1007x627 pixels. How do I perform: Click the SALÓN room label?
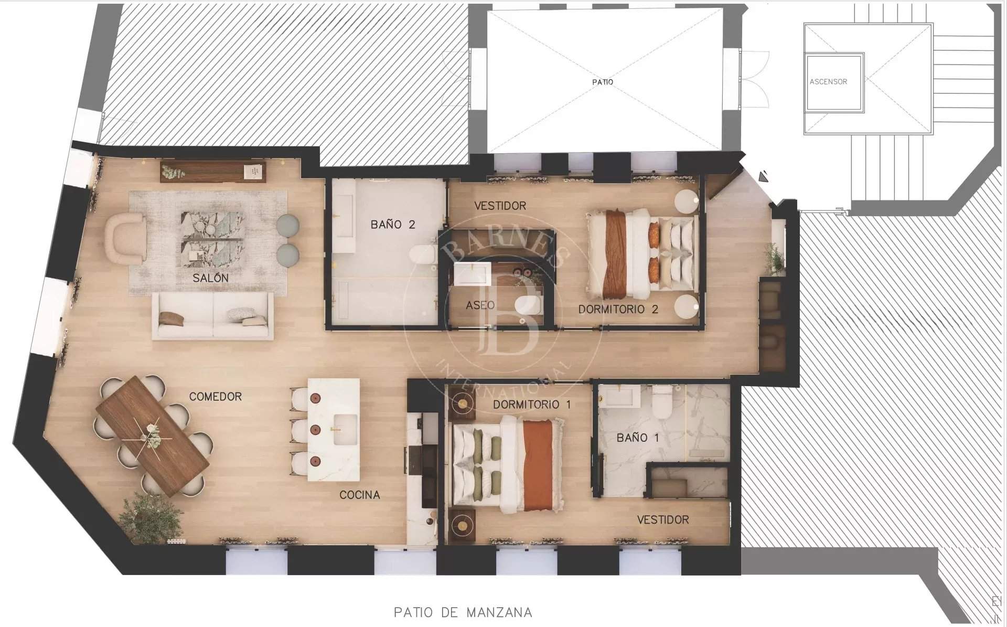[x=210, y=278]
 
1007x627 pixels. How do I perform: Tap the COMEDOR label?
[x=216, y=397]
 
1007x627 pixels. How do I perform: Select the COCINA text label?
[x=360, y=495]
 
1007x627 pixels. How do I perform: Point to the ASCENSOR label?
[x=829, y=82]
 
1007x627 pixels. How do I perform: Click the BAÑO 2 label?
[x=393, y=225]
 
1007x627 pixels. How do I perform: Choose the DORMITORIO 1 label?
[x=532, y=405]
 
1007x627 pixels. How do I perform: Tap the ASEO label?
[x=480, y=305]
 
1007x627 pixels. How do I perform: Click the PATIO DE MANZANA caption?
[x=463, y=612]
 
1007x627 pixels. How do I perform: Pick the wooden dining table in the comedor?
[x=152, y=435]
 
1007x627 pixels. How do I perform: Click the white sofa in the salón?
[x=213, y=316]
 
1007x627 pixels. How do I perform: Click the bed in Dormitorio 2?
[x=643, y=254]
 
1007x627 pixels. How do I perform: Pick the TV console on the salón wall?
[x=213, y=172]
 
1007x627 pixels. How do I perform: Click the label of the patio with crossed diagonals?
[x=602, y=82]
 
